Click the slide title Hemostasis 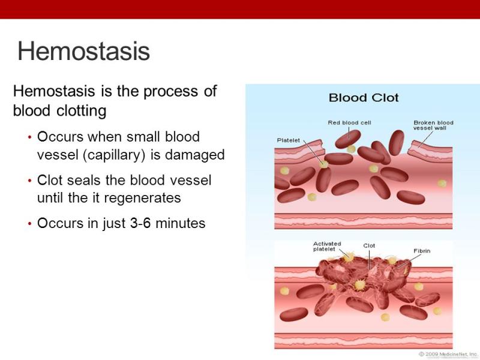pos(83,51)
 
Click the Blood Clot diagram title pos(364,98)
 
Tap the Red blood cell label pos(349,122)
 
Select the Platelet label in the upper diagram pos(289,140)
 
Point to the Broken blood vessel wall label pos(433,125)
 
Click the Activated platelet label pos(327,247)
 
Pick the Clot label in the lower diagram pos(369,245)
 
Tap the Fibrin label pos(422,251)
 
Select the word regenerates pos(143,198)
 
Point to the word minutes pos(181,223)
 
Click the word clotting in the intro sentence pos(82,110)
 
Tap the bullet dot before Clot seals pos(29,181)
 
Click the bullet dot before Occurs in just pos(29,224)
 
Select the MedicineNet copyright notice pos(448,354)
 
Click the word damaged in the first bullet pos(194,155)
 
